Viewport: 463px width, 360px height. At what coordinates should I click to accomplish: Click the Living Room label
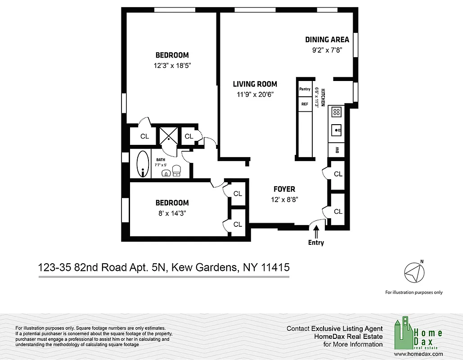255,84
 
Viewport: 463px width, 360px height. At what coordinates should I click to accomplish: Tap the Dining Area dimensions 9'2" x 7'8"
327,50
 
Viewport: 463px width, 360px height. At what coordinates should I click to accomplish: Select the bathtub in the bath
143,164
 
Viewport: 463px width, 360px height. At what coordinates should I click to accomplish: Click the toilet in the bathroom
176,170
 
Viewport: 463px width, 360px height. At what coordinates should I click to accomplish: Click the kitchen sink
337,130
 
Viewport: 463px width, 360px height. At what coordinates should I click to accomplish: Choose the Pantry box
305,89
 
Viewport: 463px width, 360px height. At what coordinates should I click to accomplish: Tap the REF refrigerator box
305,104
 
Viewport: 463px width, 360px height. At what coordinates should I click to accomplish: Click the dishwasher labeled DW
337,149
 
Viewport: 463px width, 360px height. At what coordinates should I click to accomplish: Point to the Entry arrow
316,232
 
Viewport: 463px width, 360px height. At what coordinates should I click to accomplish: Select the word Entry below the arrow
316,243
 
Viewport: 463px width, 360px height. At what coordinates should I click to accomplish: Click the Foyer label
284,189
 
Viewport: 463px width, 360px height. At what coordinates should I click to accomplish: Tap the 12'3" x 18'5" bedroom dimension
172,65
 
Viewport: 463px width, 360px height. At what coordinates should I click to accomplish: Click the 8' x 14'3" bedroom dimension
172,213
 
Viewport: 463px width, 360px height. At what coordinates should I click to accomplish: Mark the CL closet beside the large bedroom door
144,136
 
